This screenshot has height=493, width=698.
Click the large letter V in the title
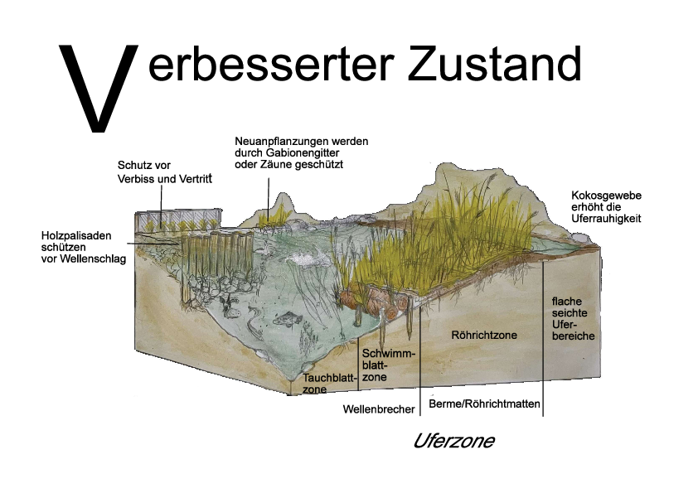[98, 88]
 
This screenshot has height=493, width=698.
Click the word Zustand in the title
[494, 63]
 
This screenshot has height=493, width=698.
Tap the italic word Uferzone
[454, 441]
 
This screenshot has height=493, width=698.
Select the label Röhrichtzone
[484, 335]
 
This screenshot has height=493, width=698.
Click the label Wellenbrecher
[379, 409]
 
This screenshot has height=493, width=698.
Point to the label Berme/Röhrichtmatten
[484, 404]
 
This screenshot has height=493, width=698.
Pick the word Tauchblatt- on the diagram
[331, 378]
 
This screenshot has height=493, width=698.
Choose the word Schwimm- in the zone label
[389, 354]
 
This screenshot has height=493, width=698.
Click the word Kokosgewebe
[606, 196]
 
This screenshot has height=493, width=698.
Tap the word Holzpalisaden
[76, 235]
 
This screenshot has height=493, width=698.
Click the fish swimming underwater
[288, 319]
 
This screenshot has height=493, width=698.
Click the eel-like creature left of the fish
[253, 322]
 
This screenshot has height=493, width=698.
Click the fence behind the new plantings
[178, 220]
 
